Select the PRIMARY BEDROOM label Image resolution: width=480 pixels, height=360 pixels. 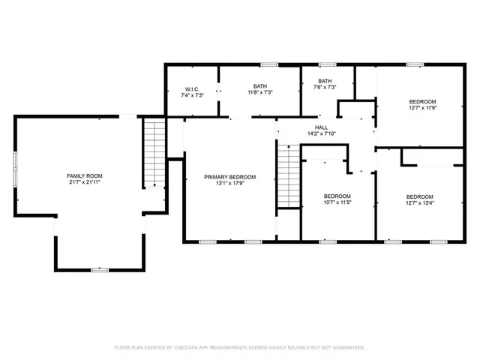click(x=230, y=177)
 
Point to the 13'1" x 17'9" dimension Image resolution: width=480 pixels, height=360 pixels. click(x=230, y=184)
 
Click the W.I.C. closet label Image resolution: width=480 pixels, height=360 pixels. click(x=192, y=89)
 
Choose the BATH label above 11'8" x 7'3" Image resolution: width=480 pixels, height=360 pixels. click(x=259, y=86)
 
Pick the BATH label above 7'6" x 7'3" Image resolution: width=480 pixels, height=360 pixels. click(x=325, y=81)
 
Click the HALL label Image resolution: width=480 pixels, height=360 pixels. click(x=321, y=127)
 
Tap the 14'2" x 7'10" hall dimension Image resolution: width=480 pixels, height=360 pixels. click(x=321, y=134)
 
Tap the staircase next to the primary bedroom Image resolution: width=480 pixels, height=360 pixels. click(x=287, y=177)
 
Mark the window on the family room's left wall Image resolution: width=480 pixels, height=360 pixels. click(x=16, y=172)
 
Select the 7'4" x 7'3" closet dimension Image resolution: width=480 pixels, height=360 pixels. click(x=192, y=96)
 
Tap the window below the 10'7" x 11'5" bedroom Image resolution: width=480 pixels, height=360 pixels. click(x=328, y=241)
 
